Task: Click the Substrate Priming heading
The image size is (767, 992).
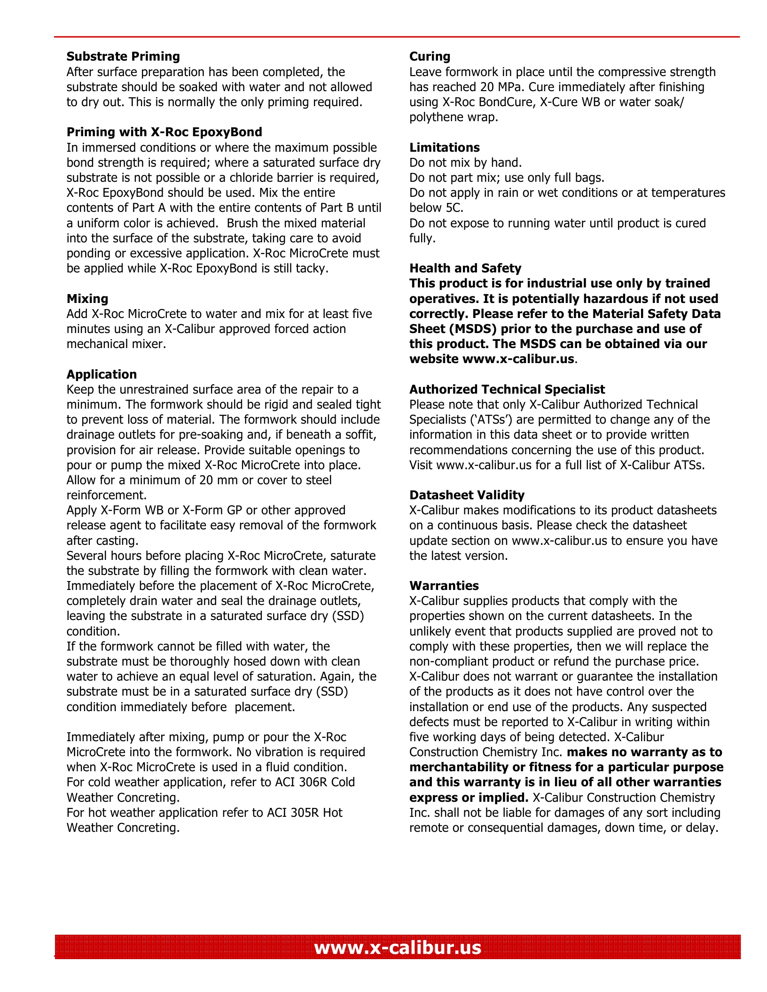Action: click(123, 56)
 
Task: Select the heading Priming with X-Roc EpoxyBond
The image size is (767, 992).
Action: click(164, 132)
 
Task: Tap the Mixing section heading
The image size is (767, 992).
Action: click(87, 299)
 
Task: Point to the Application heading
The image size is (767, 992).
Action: click(102, 374)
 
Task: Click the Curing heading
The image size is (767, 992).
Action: click(430, 56)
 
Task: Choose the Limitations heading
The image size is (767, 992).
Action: click(444, 147)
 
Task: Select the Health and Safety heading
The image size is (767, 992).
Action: click(465, 268)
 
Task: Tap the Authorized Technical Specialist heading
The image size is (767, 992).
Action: click(507, 389)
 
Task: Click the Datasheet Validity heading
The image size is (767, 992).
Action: click(467, 495)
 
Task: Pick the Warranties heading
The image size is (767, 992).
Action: click(444, 586)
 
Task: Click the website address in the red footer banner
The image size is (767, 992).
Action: click(398, 947)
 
